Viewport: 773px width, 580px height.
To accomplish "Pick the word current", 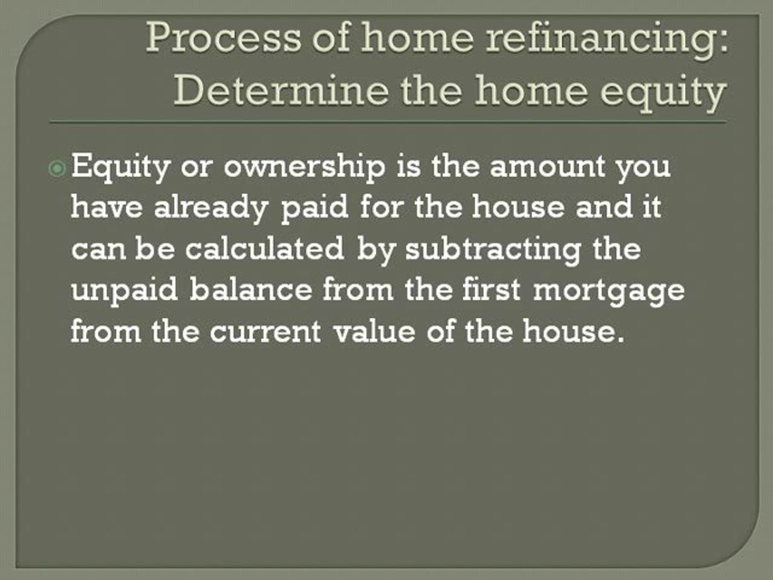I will pos(268,330).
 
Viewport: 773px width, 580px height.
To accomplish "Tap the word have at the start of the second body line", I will pos(103,209).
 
